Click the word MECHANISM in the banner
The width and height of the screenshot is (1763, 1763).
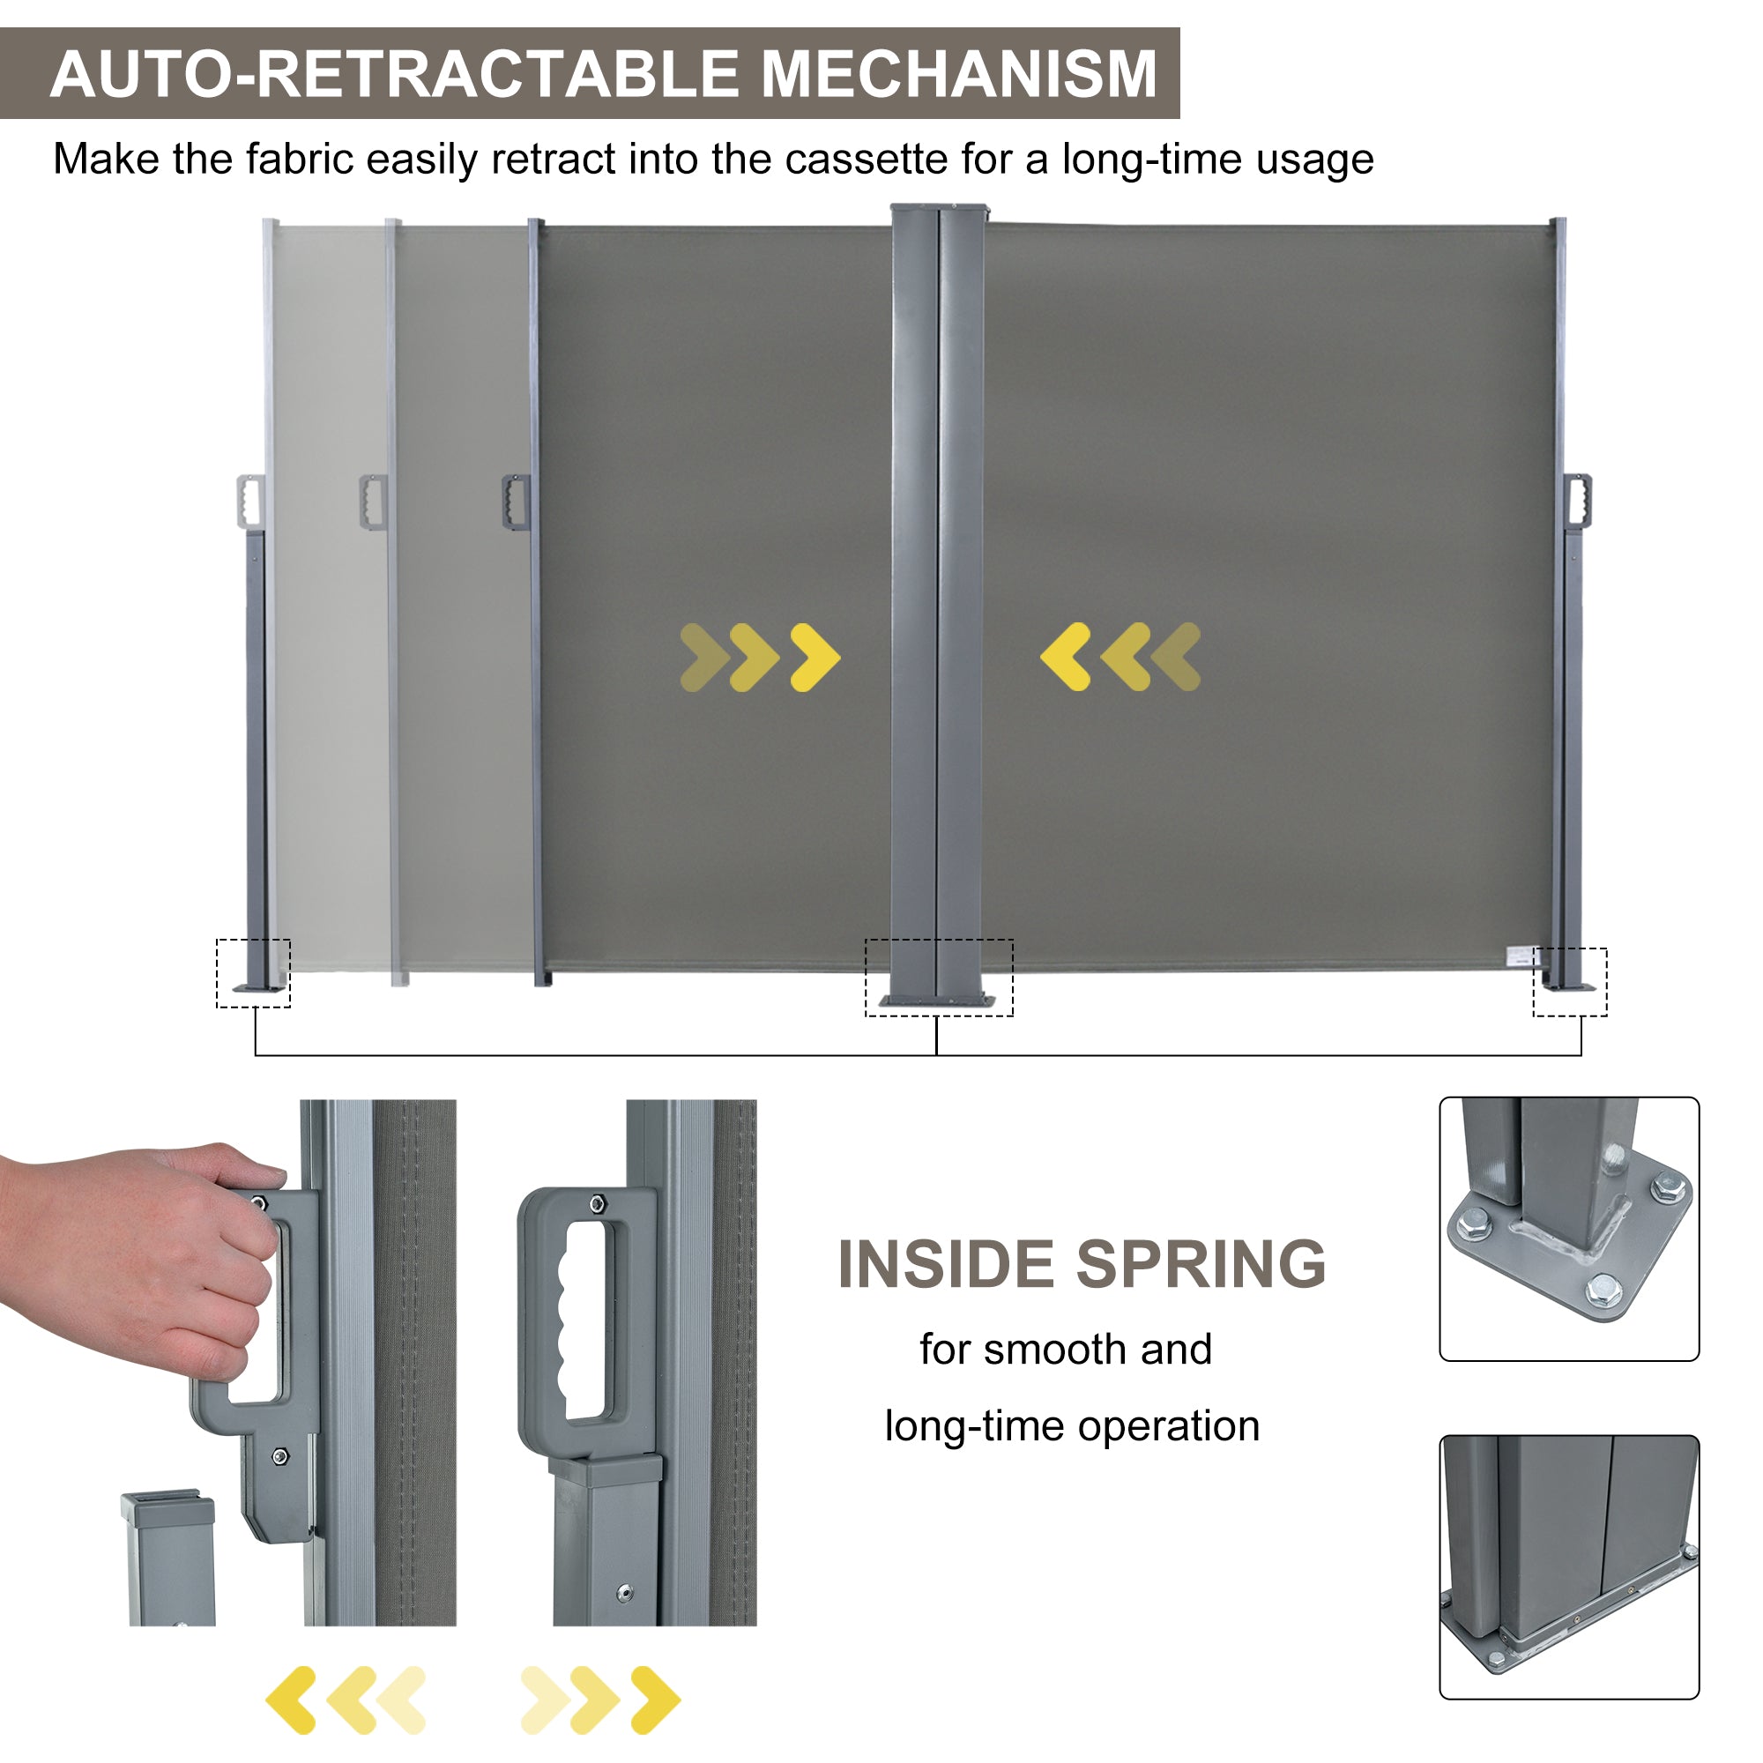pyautogui.click(x=959, y=74)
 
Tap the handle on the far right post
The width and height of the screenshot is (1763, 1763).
pyautogui.click(x=1577, y=500)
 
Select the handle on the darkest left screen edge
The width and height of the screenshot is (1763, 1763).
pyautogui.click(x=516, y=500)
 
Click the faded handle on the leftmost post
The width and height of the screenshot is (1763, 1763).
pyautogui.click(x=249, y=500)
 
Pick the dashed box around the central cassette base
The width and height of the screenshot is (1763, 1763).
pyautogui.click(x=938, y=978)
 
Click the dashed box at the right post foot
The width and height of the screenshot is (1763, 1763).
pyautogui.click(x=1570, y=982)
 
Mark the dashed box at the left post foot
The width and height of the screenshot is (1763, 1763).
pyautogui.click(x=253, y=973)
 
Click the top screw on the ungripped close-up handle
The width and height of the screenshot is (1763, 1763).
pyautogui.click(x=597, y=1203)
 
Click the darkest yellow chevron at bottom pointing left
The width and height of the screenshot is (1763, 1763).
pyautogui.click(x=291, y=1700)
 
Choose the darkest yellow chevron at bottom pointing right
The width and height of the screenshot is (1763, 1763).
pyautogui.click(x=655, y=1700)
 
